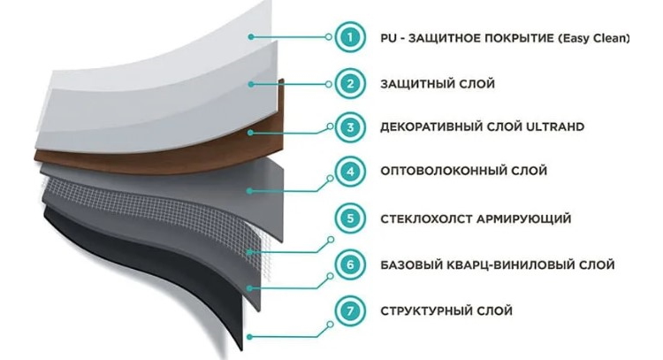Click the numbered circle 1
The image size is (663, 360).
tap(350, 37)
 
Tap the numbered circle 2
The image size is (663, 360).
tap(350, 84)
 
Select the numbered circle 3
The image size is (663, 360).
tap(350, 126)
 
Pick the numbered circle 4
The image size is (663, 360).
tap(350, 172)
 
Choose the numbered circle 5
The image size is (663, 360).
tap(350, 218)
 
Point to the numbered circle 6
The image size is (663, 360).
tap(350, 265)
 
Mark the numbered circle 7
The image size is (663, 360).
tap(350, 311)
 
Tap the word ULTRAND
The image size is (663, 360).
tap(555, 126)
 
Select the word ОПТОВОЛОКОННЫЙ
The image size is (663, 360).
tap(443, 171)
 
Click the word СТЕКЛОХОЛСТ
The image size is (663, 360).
tap(426, 219)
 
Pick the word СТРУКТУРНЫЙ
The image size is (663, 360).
tap(426, 311)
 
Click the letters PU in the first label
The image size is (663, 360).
tap(387, 39)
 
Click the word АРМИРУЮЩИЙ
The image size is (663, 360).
tap(523, 219)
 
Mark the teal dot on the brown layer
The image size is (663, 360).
tap(250, 133)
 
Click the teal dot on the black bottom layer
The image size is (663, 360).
tap(250, 337)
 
